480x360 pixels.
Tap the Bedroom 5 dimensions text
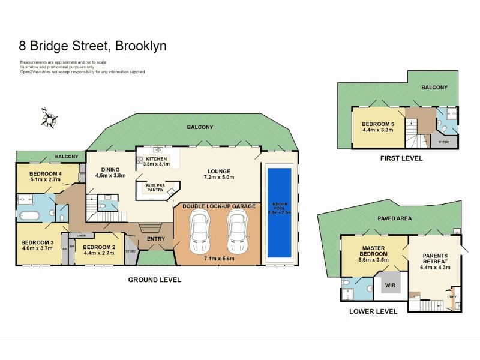coord(377,130)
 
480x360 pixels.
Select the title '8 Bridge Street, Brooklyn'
coord(93,46)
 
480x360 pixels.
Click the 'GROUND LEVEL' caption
coord(155,280)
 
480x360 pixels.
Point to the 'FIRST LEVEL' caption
coord(401,158)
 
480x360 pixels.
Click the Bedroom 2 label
coord(98,247)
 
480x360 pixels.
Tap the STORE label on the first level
coord(444,142)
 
